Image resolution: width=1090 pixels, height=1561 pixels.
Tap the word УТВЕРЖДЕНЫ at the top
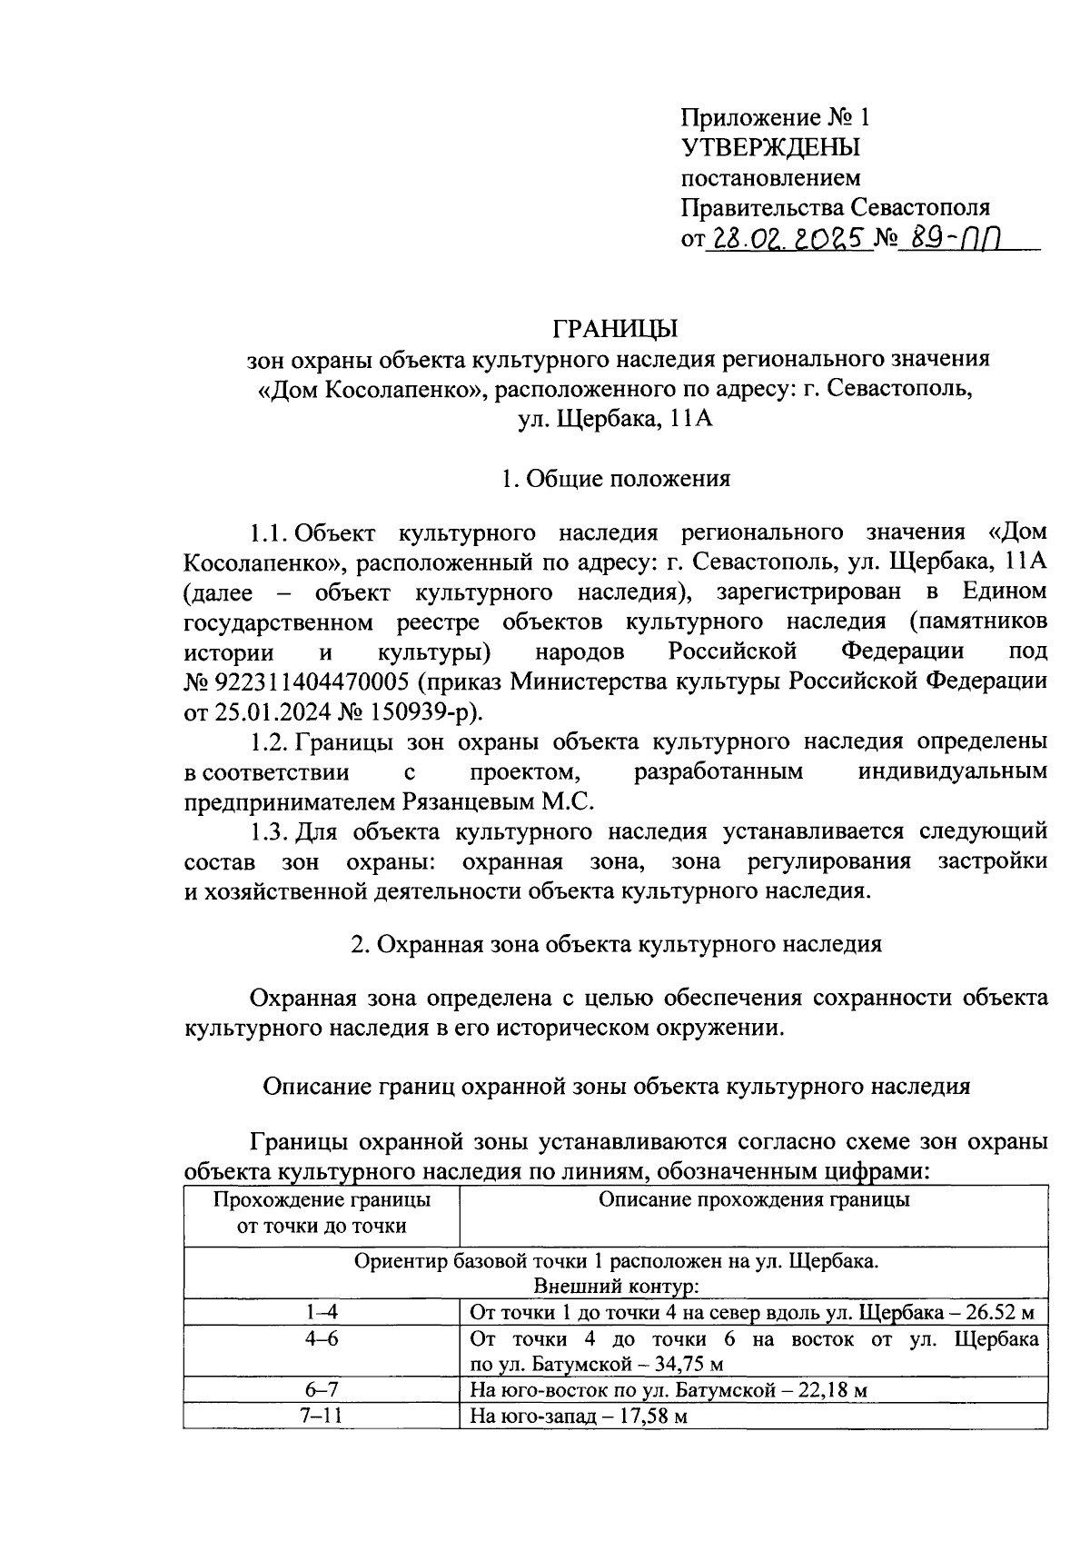click(770, 147)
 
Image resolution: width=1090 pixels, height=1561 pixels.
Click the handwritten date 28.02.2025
click(788, 238)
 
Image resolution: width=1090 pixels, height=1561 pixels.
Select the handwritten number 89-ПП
click(953, 238)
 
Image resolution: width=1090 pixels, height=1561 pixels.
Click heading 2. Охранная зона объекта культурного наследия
click(617, 944)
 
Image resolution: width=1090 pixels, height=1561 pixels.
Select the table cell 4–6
click(322, 1340)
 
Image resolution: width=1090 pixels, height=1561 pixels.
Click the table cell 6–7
click(322, 1390)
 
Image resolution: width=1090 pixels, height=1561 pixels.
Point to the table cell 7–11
click(322, 1416)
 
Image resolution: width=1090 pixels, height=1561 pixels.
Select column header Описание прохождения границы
click(754, 1200)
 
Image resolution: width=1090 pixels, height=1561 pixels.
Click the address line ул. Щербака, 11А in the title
click(617, 419)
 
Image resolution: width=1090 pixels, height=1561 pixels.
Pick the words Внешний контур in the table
click(617, 1287)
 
